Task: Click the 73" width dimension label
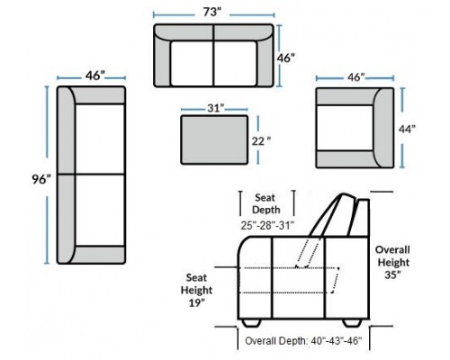(212, 13)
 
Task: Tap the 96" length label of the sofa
(41, 180)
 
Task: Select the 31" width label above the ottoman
(216, 108)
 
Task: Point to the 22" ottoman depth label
(261, 141)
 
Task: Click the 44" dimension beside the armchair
(407, 129)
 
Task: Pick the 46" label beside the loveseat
(285, 58)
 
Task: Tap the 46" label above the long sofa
(95, 76)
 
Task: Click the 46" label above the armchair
(355, 77)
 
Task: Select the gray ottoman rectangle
(214, 139)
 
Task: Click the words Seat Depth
(266, 203)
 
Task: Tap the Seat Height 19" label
(196, 290)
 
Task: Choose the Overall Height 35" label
(393, 262)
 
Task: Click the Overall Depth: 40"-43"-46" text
(303, 341)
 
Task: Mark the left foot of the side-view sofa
(251, 323)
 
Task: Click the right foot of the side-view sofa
(352, 323)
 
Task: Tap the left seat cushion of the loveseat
(192, 63)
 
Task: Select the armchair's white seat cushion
(346, 128)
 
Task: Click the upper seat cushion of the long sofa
(100, 139)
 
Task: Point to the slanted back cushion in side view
(332, 215)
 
